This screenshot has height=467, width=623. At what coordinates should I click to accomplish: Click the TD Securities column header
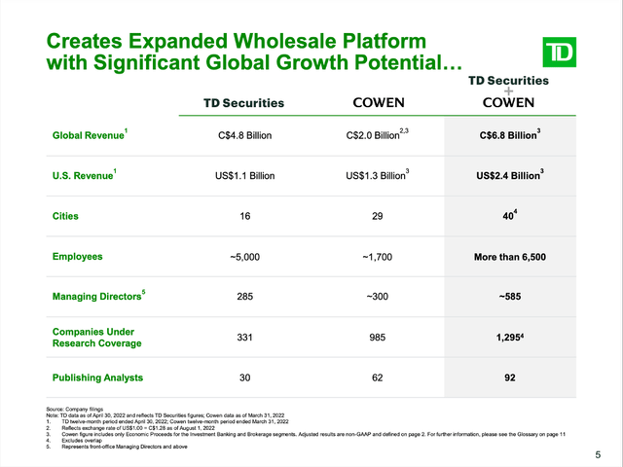tap(243, 102)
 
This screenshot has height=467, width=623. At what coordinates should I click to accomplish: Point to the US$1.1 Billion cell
tap(243, 177)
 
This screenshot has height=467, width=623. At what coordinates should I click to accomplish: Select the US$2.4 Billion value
tap(511, 177)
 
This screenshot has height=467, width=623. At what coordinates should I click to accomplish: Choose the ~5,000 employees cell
tap(243, 258)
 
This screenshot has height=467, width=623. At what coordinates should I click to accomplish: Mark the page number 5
tap(598, 455)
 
